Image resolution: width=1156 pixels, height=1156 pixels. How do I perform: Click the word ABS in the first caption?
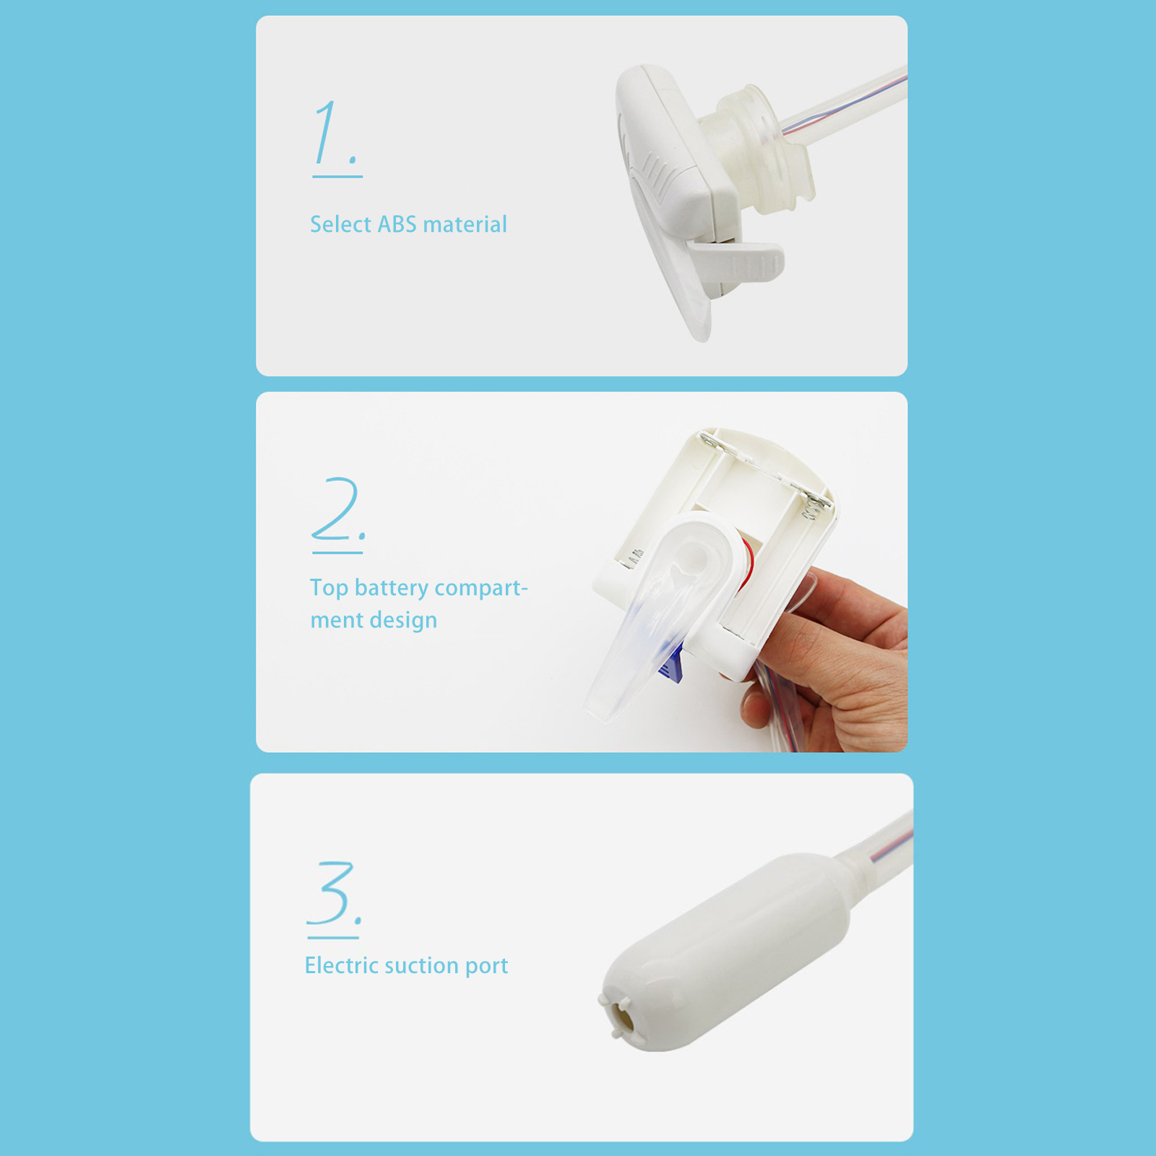click(x=397, y=224)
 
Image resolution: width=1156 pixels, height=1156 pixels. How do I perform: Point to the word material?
click(x=465, y=224)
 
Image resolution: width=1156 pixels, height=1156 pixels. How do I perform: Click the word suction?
click(x=421, y=965)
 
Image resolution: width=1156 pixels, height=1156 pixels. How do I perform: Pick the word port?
click(x=486, y=967)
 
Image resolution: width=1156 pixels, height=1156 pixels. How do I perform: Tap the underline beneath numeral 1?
click(x=337, y=176)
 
